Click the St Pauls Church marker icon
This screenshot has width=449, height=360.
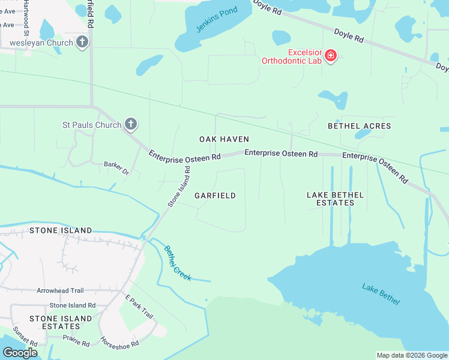pos(131,125)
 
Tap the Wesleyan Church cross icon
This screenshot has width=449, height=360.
pos(82,42)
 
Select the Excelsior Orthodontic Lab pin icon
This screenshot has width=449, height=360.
pos(330,56)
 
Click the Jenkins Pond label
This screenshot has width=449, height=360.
pos(216,19)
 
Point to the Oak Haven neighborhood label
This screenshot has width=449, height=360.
pos(224,139)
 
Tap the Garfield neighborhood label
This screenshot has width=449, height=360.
pos(215,196)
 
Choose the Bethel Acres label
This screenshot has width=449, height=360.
pos(359,126)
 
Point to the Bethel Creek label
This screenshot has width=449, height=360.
pos(177,263)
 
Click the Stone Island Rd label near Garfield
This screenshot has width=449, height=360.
pos(179,187)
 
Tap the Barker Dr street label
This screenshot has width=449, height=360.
pos(116,167)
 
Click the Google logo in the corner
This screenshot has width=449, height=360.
pos(20,353)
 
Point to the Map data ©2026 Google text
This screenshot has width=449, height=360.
pos(411,355)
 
